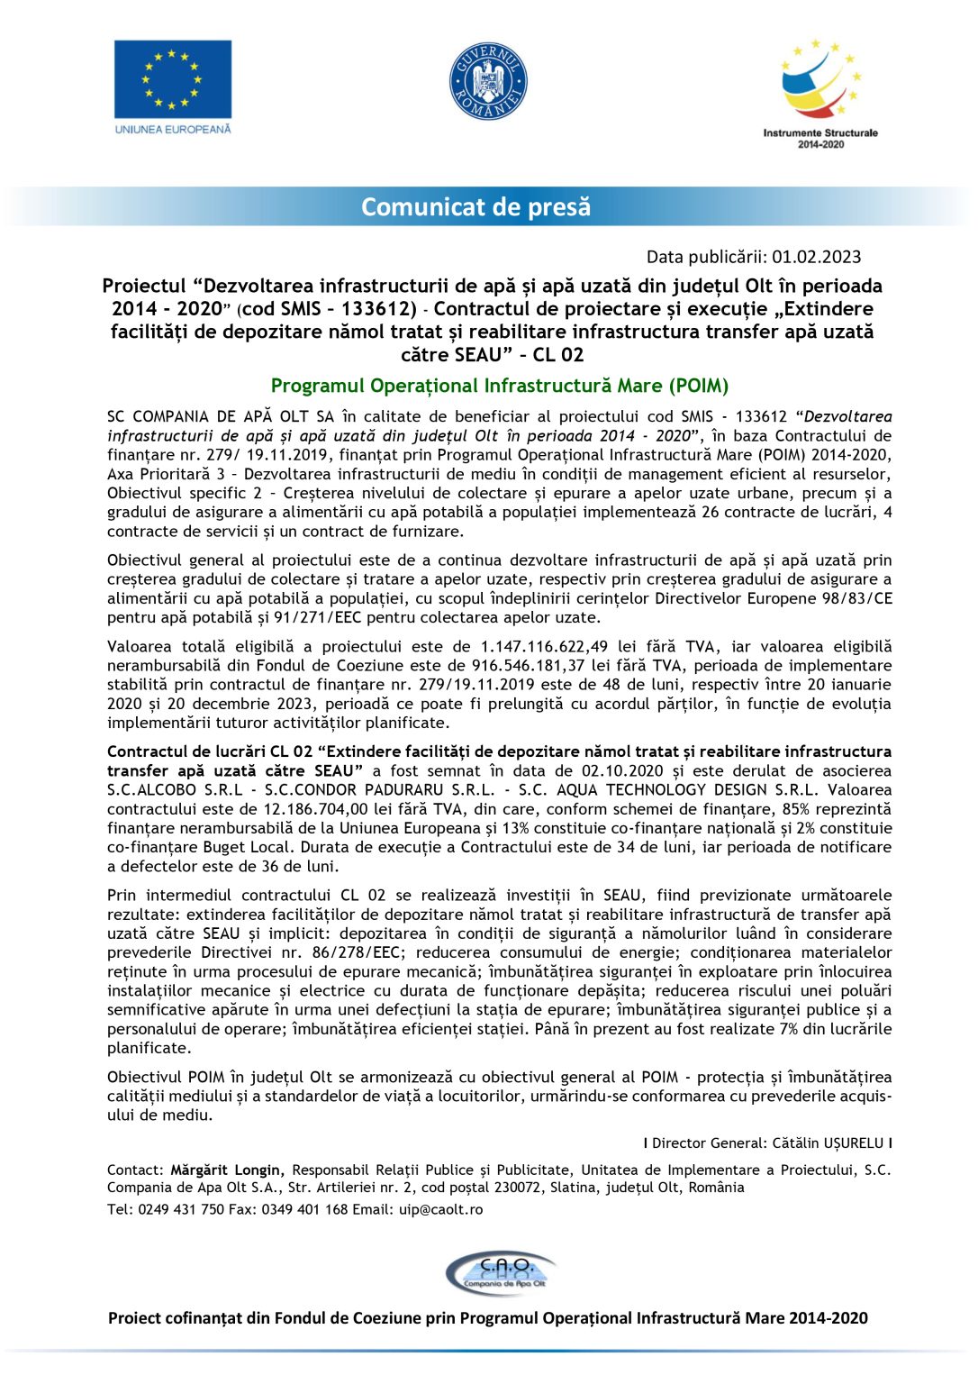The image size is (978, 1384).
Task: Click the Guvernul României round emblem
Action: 488,82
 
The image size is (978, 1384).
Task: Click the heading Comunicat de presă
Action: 475,207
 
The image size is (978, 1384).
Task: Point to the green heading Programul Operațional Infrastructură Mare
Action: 500,386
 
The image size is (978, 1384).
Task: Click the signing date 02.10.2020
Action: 622,771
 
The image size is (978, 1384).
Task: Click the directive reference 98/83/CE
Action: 847,598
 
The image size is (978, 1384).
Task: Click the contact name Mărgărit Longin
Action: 227,1170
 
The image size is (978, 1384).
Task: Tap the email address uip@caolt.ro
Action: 440,1210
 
